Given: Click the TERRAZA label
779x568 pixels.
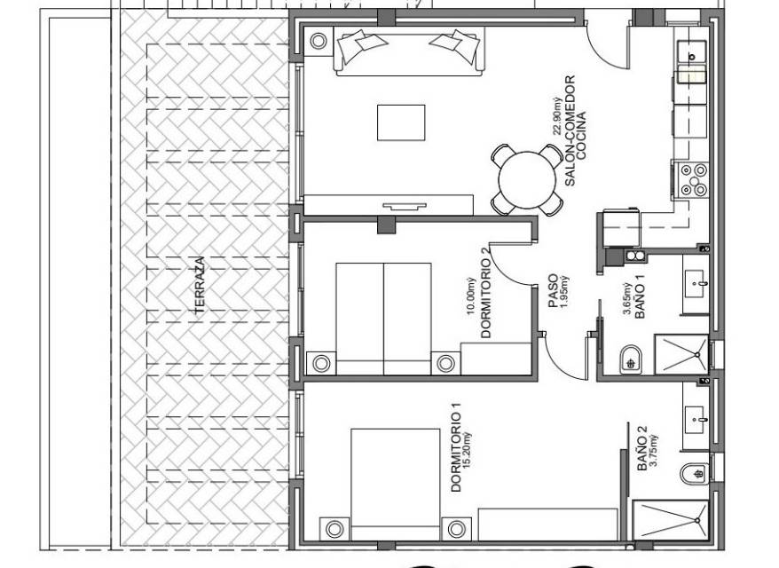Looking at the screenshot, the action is [200, 285].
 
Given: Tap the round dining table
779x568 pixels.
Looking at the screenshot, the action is [527, 180].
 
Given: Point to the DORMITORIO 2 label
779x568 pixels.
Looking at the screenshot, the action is [486, 298].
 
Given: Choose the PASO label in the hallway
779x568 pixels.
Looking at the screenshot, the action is [554, 292].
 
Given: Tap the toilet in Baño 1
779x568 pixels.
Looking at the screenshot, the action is [632, 359].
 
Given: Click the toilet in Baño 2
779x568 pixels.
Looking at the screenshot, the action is [694, 473].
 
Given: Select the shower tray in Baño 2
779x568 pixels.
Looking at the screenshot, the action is [671, 520].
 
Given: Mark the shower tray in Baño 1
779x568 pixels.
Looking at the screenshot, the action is [681, 354].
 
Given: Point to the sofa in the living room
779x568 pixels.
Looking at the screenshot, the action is [409, 51].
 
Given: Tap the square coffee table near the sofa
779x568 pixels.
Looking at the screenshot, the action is [401, 122].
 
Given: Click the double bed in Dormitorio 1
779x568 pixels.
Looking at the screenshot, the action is [396, 484].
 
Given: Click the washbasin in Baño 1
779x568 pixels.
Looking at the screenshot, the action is [696, 284].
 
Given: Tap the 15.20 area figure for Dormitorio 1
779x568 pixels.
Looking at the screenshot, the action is [467, 451].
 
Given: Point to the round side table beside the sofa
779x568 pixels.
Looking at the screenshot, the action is [319, 41].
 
